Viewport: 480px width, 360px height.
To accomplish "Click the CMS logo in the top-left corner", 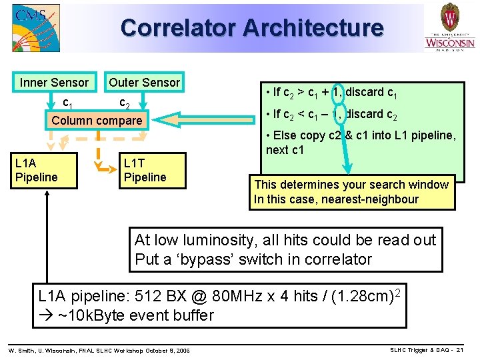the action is [x=35, y=28].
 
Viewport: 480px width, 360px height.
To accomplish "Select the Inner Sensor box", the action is [x=55, y=83].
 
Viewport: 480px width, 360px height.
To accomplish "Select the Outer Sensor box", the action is [x=145, y=83].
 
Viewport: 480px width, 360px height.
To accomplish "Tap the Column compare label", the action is [x=97, y=121].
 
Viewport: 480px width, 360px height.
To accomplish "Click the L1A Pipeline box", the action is [x=43, y=170].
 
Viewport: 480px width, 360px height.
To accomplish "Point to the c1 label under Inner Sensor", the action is [x=67, y=103].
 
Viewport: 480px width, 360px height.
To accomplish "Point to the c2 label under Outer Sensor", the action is [x=124, y=103].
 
